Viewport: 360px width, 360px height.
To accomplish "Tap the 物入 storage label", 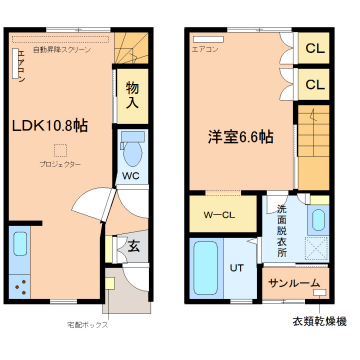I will coord(133,96).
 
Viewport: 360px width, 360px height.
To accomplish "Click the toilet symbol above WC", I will coord(132,150).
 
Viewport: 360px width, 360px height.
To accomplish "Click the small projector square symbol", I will coord(61,150).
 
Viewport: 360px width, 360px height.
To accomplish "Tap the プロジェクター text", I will coord(61,164).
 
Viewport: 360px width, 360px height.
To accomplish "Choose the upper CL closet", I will coord(315,48).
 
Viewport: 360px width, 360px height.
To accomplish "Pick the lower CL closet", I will coord(315,84).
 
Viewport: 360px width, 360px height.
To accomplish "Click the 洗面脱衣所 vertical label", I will coord(281,230).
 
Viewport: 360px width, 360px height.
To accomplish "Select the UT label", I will coord(237,268).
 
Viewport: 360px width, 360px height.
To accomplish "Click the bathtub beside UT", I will coord(208,268).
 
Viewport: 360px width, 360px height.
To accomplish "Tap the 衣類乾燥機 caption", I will coord(319,321).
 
